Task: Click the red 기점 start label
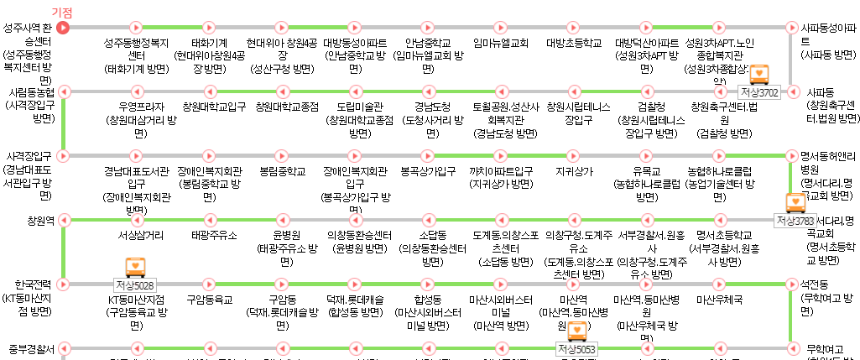point(62,13)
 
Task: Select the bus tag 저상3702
point(759,91)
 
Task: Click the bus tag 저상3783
point(795,220)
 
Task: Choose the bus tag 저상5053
point(576,348)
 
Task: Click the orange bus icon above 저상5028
point(135,267)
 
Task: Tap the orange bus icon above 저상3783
point(795,202)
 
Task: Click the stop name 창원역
point(40,220)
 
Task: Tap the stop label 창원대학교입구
point(214,107)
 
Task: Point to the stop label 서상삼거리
point(141,235)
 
